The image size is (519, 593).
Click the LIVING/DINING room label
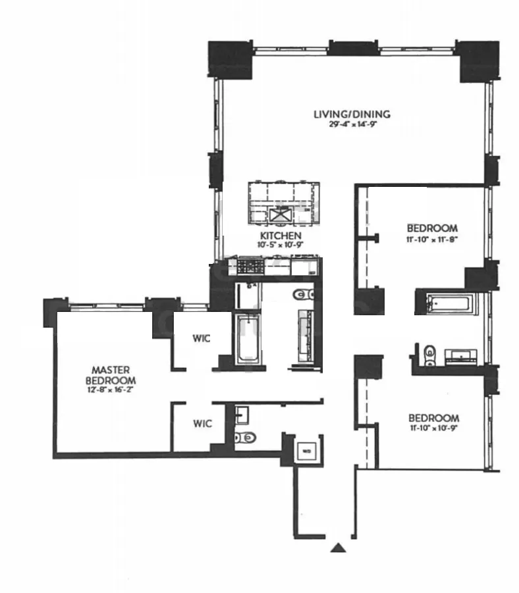351,114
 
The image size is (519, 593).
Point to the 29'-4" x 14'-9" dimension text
351,124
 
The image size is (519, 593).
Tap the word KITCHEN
281,236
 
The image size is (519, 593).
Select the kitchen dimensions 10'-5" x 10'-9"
281,245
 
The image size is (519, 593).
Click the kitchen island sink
280,215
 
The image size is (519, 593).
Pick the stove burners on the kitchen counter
250,267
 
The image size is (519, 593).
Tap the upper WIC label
202,339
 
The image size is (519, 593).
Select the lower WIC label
202,423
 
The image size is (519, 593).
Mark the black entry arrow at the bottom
338,547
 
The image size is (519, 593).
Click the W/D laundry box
306,451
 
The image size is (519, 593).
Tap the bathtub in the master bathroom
248,338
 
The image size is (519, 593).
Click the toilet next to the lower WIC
246,436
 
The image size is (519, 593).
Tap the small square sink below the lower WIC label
242,415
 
